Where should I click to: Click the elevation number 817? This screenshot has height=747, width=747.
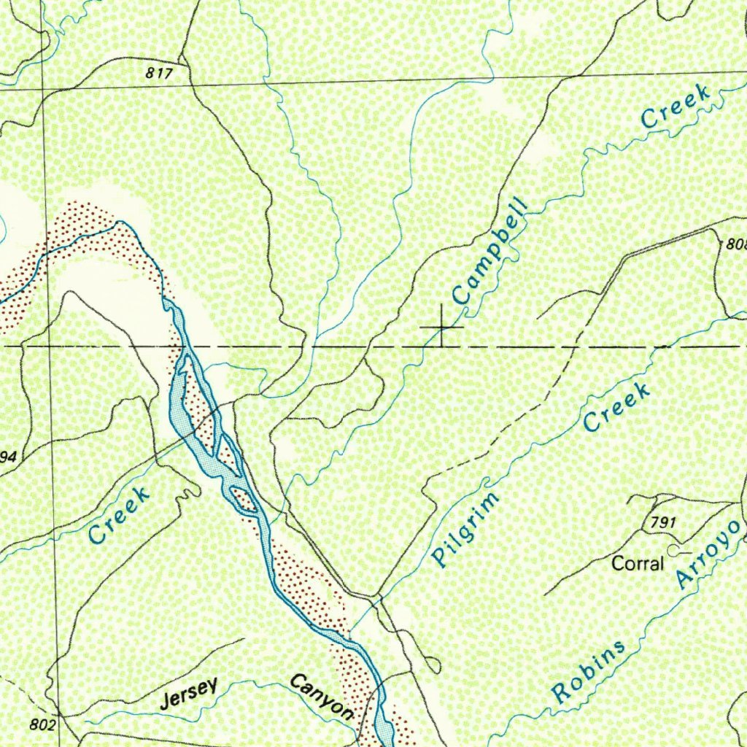158,73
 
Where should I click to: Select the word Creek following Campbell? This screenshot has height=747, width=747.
675,107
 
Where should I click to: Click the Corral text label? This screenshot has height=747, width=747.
638,564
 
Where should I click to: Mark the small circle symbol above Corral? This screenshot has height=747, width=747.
673,548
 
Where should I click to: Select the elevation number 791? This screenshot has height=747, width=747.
659,522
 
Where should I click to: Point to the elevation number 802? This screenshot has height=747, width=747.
43,725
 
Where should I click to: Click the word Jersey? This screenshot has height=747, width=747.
189,693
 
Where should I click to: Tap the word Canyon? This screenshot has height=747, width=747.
322,696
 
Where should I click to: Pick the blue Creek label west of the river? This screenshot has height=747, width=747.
119,515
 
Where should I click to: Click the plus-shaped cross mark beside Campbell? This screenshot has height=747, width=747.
442,328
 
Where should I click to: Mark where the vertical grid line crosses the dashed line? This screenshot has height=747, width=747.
47,345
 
